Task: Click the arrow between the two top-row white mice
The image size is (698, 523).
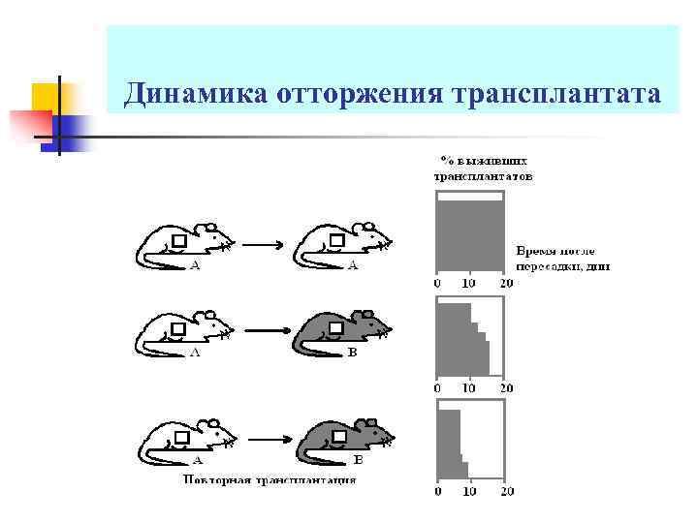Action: tap(261, 245)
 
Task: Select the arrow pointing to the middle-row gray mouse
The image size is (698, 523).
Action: tap(261, 332)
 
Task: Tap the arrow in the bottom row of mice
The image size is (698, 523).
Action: tap(261, 439)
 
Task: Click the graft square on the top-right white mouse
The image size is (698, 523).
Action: tap(337, 239)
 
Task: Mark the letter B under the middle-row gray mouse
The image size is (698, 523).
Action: tap(352, 354)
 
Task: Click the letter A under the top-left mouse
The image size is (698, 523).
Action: tap(195, 265)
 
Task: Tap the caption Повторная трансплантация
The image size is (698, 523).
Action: tap(270, 479)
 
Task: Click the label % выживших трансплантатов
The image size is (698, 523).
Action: tap(482, 169)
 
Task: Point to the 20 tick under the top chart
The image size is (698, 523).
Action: tap(505, 284)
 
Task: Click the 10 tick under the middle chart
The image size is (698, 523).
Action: tap(469, 388)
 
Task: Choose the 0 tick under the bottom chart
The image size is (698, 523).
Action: tap(436, 492)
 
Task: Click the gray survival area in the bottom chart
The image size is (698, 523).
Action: tap(449, 446)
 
